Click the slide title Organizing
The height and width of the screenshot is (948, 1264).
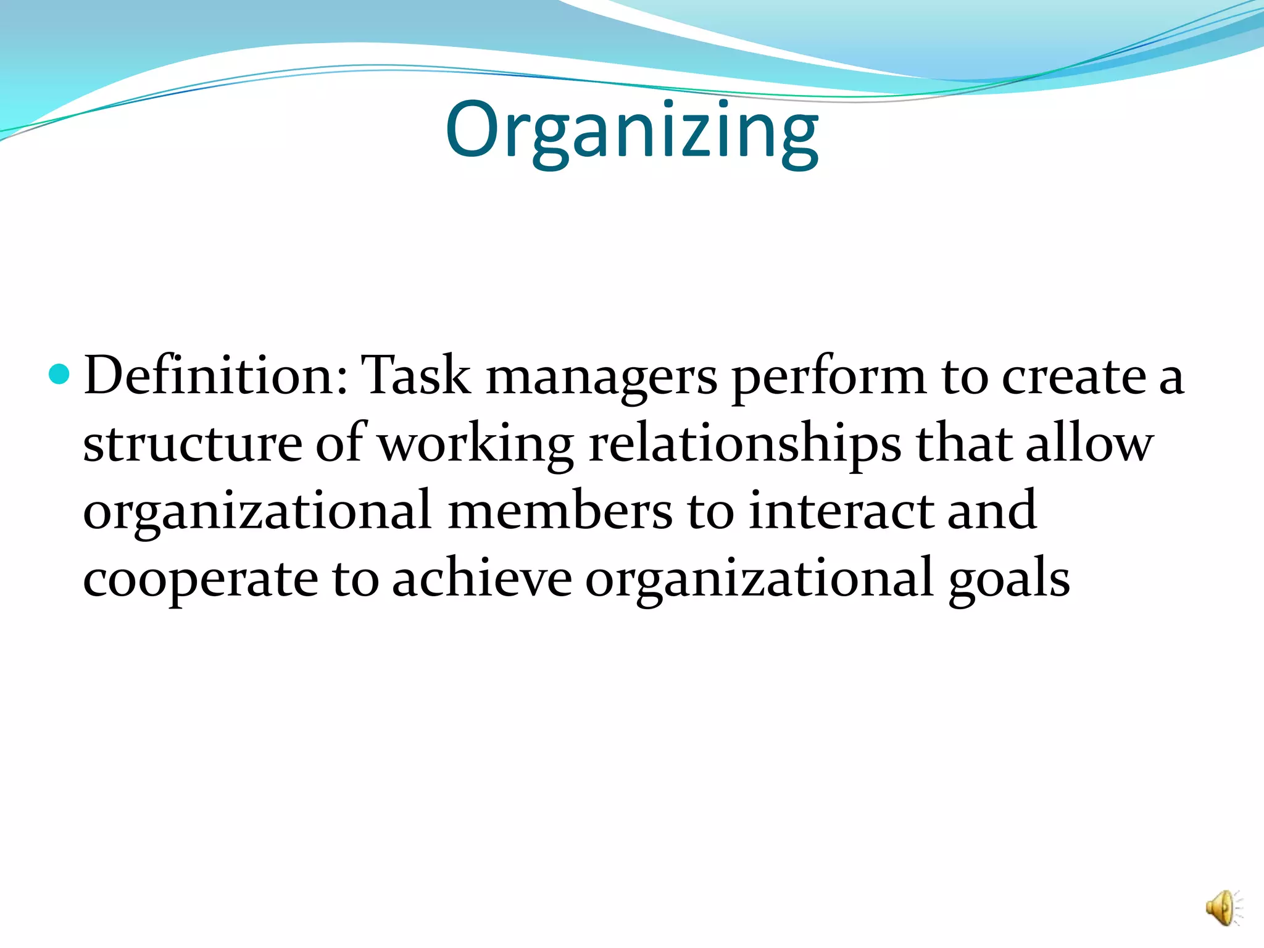coord(631,131)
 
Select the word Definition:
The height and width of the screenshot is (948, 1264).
coord(216,376)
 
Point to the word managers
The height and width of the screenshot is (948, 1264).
coord(602,378)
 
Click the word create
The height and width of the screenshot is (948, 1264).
coord(1074,376)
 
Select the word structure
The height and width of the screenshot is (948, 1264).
coord(193,444)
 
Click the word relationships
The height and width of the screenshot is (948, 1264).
coord(744,444)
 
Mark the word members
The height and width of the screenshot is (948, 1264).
coord(560,511)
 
